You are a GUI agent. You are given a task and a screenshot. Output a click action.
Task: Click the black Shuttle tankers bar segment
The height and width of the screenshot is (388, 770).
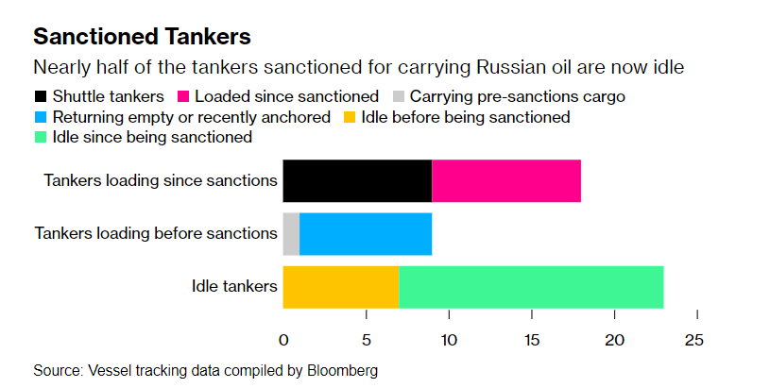357,180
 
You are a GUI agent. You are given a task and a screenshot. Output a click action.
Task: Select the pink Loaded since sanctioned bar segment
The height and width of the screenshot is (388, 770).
506,180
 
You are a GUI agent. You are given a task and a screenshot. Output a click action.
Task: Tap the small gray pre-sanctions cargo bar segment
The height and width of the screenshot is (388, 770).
291,233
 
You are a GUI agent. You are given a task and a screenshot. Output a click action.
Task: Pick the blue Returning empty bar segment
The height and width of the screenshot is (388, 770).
366,233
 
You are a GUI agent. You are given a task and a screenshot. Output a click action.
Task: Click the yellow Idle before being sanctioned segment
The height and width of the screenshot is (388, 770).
340,286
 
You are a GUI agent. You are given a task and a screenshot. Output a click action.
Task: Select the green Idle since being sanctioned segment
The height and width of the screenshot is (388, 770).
531,286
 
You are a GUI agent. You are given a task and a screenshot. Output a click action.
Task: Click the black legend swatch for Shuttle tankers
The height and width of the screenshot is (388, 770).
41,97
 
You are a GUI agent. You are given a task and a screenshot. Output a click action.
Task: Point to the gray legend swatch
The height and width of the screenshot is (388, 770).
398,97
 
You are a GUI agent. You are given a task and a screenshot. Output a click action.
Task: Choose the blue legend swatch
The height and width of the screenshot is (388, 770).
41,117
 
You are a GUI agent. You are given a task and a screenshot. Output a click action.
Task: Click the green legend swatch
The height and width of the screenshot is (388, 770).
41,138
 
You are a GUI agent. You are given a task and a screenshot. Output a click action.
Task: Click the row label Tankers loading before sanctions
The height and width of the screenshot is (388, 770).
155,233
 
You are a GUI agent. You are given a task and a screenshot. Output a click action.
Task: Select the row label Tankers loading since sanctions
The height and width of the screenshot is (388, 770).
160,180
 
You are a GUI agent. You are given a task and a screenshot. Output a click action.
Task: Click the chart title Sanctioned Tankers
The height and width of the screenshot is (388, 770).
142,38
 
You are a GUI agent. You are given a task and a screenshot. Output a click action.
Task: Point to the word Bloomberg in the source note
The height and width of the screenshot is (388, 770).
342,371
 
